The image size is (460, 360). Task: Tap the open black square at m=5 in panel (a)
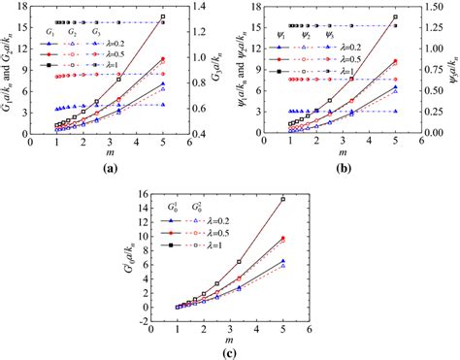click(162, 16)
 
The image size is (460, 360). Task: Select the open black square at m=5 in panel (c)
click(282, 199)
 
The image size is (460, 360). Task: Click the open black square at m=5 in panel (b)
click(395, 16)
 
